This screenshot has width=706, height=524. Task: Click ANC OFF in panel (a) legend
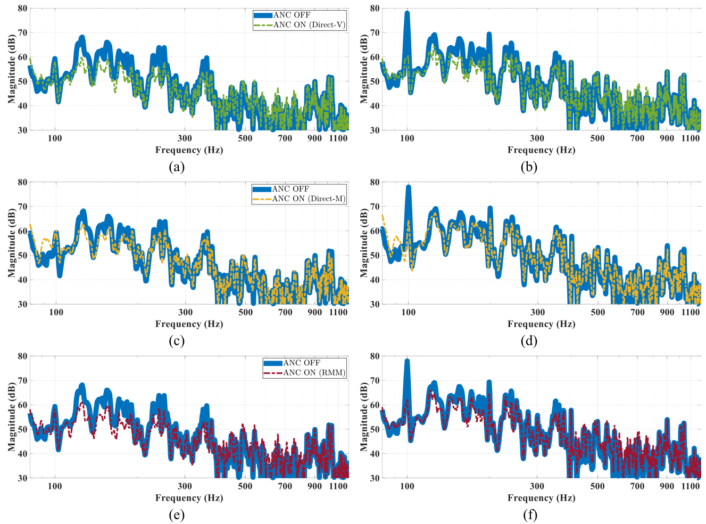pyautogui.click(x=291, y=15)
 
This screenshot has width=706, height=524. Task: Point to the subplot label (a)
pyautogui.click(x=177, y=167)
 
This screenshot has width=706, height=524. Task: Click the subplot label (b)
pyautogui.click(x=529, y=167)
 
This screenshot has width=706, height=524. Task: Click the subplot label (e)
pyautogui.click(x=177, y=515)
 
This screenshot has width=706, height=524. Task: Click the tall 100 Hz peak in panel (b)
pyautogui.click(x=407, y=13)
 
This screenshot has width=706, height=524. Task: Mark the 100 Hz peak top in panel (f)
pyautogui.click(x=407, y=361)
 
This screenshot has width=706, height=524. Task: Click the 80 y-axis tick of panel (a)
pyautogui.click(x=22, y=9)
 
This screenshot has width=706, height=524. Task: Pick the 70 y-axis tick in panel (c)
pyautogui.click(x=22, y=207)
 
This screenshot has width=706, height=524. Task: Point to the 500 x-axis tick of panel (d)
pyautogui.click(x=598, y=312)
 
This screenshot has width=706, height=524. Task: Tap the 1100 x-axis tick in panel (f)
pyautogui.click(x=691, y=486)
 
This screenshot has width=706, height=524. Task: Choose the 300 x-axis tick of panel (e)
pyautogui.click(x=185, y=486)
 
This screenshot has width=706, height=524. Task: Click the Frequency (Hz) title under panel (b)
pyautogui.click(x=541, y=150)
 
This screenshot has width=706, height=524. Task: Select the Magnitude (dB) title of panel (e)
pyautogui.click(x=12, y=417)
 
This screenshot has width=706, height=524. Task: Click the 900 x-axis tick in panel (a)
pyautogui.click(x=315, y=138)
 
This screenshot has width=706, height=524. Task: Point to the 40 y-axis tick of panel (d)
pyautogui.click(x=375, y=280)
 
